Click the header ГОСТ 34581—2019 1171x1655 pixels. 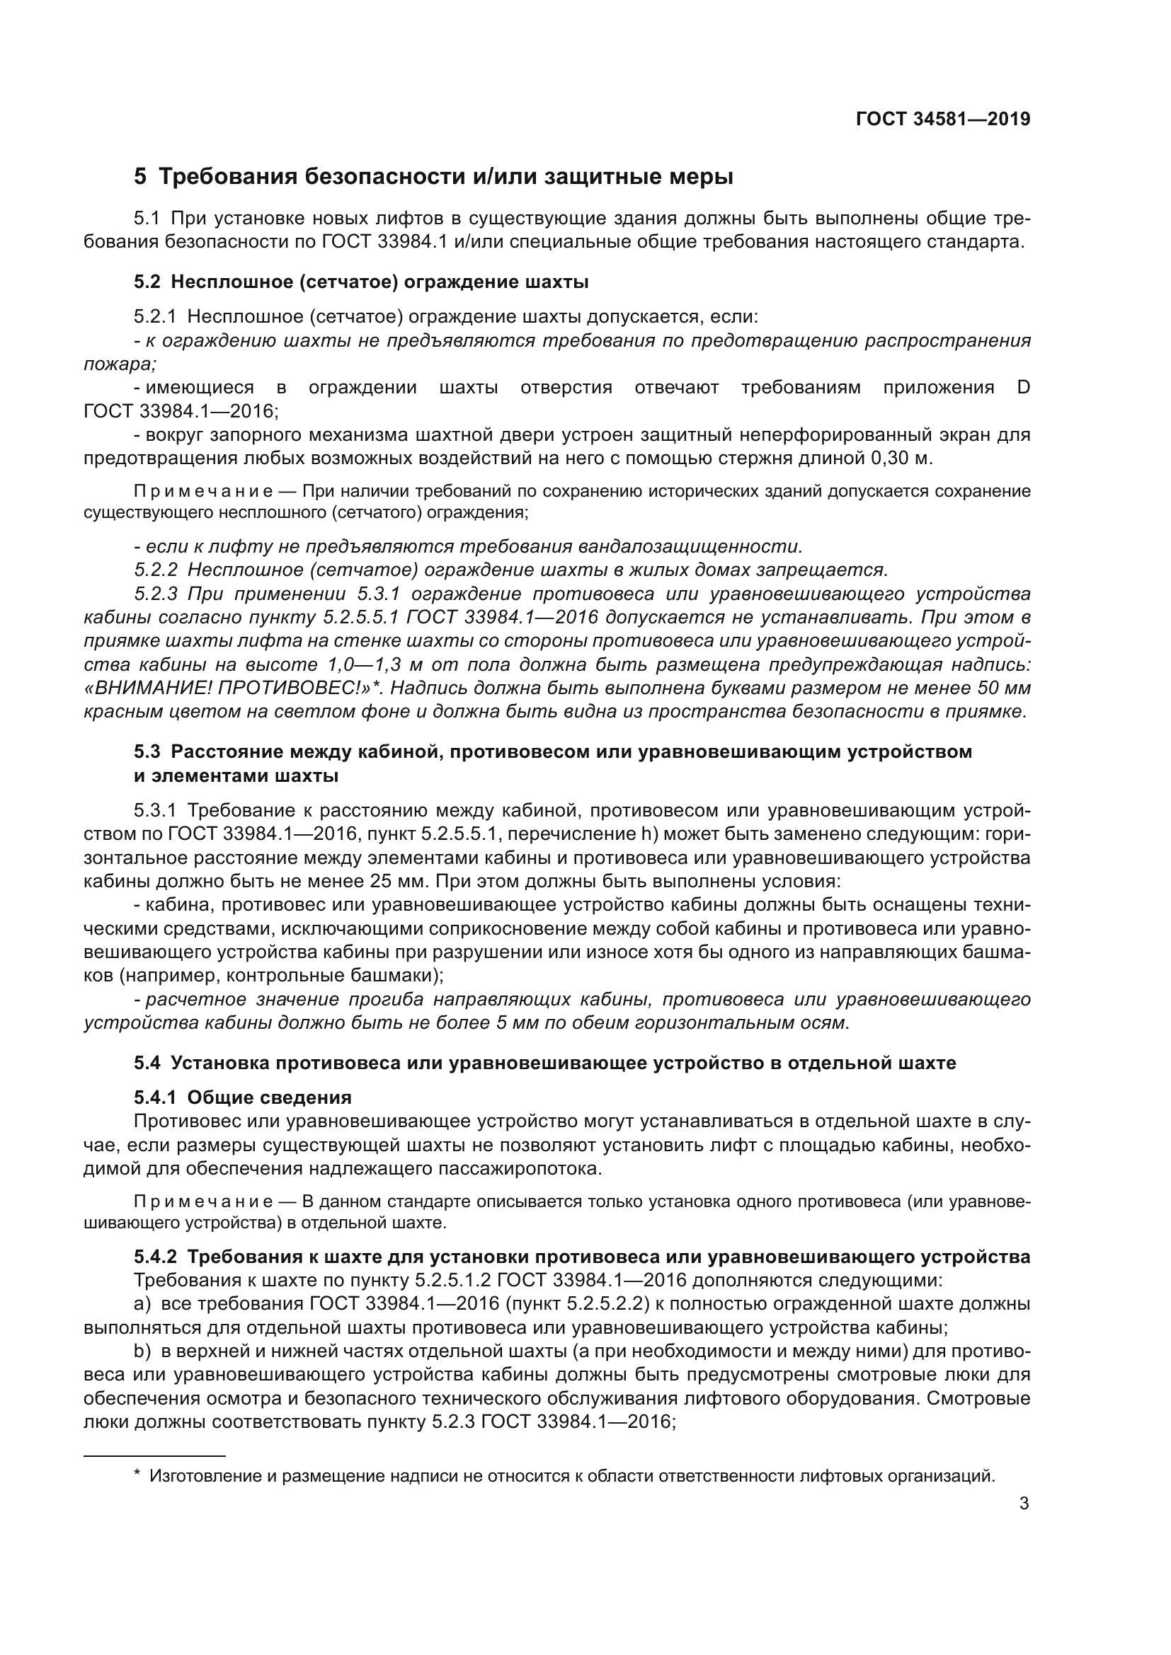[x=942, y=120]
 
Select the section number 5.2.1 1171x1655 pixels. [x=154, y=317]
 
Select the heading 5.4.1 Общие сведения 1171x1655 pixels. [x=242, y=1098]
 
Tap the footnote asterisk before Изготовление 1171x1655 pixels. [x=137, y=1475]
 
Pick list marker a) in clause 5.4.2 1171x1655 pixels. [x=142, y=1304]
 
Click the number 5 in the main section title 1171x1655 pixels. [x=140, y=177]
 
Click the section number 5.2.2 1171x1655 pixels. [x=156, y=570]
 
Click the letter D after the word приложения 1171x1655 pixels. [x=1023, y=388]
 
